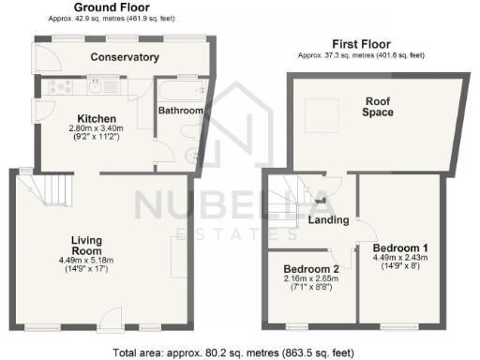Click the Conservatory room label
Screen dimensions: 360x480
(124, 58)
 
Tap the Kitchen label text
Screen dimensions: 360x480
(97, 118)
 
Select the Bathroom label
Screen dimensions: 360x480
(180, 111)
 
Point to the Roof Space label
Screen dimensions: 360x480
(378, 105)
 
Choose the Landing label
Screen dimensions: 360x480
(328, 220)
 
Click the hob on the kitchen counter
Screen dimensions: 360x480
(59, 87)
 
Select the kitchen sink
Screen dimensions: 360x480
(97, 88)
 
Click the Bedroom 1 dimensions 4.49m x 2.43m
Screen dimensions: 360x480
(401, 257)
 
